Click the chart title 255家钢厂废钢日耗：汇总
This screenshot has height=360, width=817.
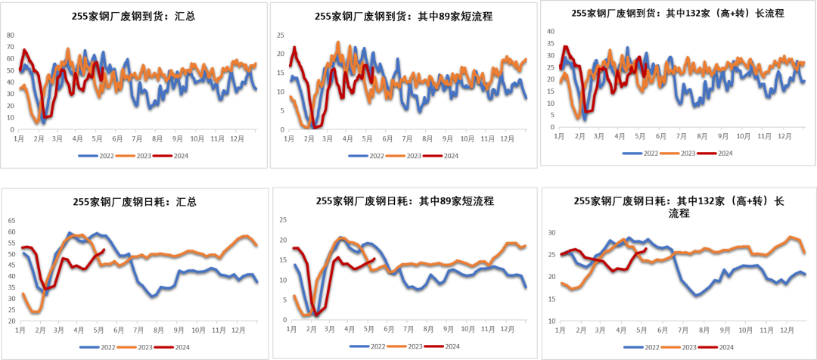135,202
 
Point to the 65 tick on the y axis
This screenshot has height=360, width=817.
11,221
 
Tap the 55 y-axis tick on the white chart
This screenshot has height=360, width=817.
11,243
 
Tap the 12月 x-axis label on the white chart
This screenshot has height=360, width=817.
237,331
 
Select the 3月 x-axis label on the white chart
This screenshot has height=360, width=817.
59,331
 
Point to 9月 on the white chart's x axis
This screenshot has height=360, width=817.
178,331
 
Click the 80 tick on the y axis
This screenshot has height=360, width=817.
10,35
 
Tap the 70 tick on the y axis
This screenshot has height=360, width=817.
10,47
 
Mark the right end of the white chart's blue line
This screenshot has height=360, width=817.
257,282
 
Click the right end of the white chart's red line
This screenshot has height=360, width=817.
104,250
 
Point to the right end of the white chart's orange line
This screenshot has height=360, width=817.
257,245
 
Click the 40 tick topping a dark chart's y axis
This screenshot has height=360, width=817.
551,31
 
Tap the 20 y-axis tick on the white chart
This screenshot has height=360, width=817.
11,321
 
